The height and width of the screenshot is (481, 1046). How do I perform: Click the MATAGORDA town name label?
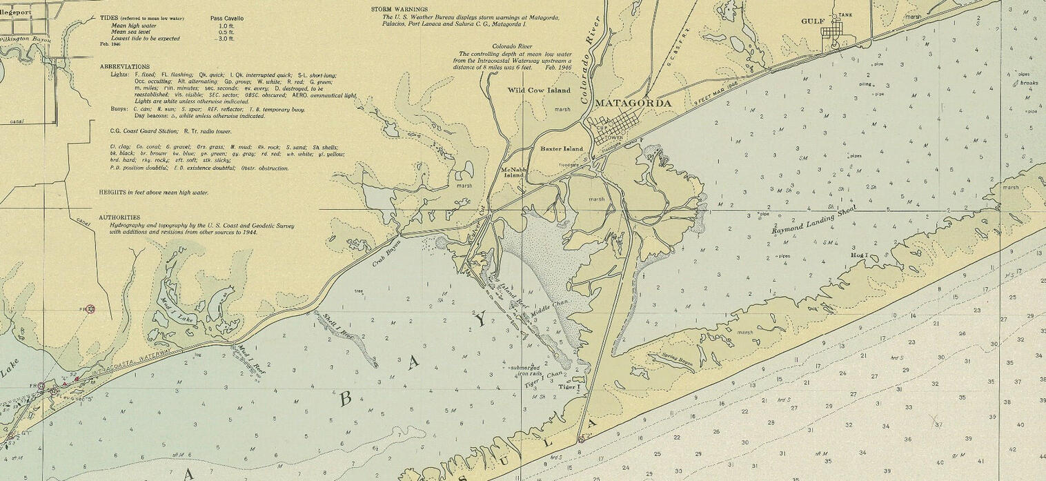633,103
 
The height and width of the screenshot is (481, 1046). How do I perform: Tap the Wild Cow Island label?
539,90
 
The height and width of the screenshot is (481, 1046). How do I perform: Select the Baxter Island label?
561,148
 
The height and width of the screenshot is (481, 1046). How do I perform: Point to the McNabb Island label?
513,172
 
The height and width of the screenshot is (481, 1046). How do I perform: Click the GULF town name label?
813,21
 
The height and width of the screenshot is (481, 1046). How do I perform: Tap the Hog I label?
858,255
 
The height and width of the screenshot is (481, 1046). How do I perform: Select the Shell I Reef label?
337,326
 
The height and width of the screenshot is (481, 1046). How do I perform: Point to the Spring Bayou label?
677,358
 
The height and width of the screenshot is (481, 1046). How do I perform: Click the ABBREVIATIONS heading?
124,66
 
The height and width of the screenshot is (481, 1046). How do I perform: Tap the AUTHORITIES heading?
119,217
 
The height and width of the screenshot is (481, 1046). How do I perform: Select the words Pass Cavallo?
226,18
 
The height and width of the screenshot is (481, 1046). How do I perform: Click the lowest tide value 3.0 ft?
226,39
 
